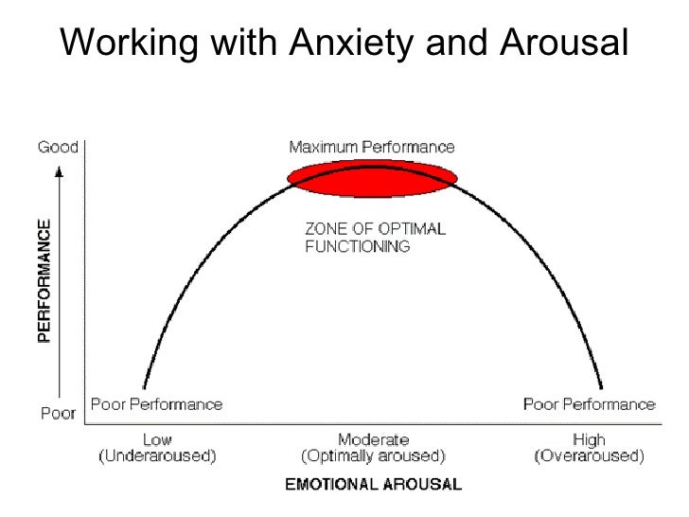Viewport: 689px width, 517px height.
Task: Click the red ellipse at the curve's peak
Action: point(372,178)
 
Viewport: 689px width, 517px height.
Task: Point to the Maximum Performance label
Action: point(371,147)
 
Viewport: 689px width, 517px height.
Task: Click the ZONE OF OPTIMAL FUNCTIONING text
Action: point(374,237)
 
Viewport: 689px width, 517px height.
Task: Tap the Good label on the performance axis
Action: point(58,147)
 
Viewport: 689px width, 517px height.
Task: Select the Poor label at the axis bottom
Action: point(57,413)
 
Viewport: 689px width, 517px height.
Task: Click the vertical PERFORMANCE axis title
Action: point(44,282)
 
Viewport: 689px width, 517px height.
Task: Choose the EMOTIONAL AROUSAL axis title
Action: point(373,485)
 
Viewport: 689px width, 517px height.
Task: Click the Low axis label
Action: point(157,439)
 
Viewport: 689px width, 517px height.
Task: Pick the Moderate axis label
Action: point(373,439)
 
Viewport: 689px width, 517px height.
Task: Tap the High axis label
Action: point(589,439)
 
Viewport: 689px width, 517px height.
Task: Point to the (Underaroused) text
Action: point(157,455)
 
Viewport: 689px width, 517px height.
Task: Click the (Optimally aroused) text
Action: point(373,455)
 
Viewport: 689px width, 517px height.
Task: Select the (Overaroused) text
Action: point(589,455)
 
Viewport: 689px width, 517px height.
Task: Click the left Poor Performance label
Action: point(156,403)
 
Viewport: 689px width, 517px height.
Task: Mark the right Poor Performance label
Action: point(589,403)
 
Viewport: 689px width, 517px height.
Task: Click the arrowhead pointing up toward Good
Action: point(60,171)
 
